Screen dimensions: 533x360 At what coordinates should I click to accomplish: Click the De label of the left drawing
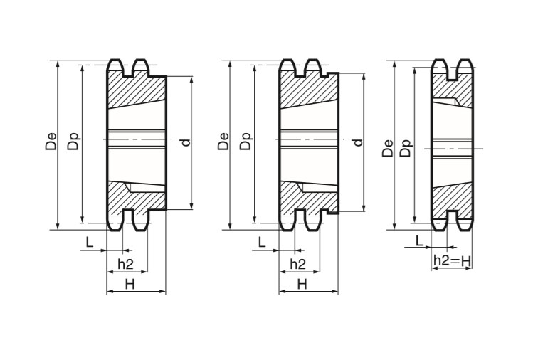coord(51,141)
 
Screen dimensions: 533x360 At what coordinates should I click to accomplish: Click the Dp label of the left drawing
coord(73,141)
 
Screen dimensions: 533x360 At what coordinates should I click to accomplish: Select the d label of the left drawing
coord(186,142)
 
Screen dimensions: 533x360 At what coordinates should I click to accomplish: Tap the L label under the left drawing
coord(90,243)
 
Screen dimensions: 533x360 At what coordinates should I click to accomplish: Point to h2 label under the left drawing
coord(125,264)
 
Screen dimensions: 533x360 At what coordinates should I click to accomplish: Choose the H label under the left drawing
coord(130,284)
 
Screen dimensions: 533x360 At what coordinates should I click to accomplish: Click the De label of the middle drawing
coord(223,141)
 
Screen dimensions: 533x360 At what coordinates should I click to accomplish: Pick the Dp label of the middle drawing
coord(246,141)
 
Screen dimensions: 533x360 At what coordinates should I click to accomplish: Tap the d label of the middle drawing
coord(358,142)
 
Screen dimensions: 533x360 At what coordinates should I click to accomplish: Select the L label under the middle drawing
coord(262,243)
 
